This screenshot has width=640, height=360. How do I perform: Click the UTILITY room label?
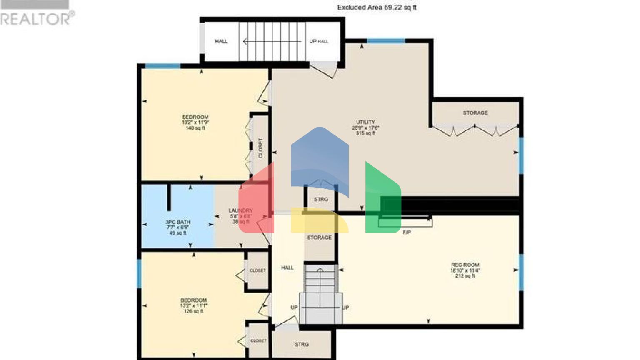click(365, 122)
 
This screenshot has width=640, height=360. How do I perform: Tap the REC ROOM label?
click(465, 265)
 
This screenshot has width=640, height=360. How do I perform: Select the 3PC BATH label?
click(178, 222)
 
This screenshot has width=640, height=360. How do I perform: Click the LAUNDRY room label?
click(240, 211)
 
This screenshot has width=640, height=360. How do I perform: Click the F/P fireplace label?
click(407, 232)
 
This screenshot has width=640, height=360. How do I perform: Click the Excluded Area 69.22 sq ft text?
click(377, 7)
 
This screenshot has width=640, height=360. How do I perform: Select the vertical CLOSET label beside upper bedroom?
click(261, 148)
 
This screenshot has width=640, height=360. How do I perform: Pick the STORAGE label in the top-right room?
click(475, 113)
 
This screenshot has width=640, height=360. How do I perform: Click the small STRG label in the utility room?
click(321, 200)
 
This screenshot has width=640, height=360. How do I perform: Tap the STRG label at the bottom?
click(302, 345)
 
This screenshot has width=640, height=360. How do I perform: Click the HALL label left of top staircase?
click(221, 41)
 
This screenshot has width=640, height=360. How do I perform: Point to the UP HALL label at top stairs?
click(318, 41)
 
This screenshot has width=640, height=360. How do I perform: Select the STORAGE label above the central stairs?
click(319, 237)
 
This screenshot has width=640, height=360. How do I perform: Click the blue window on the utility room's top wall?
click(386, 41)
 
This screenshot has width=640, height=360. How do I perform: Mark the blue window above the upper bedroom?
click(162, 66)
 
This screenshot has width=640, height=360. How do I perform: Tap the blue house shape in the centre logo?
click(320, 158)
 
